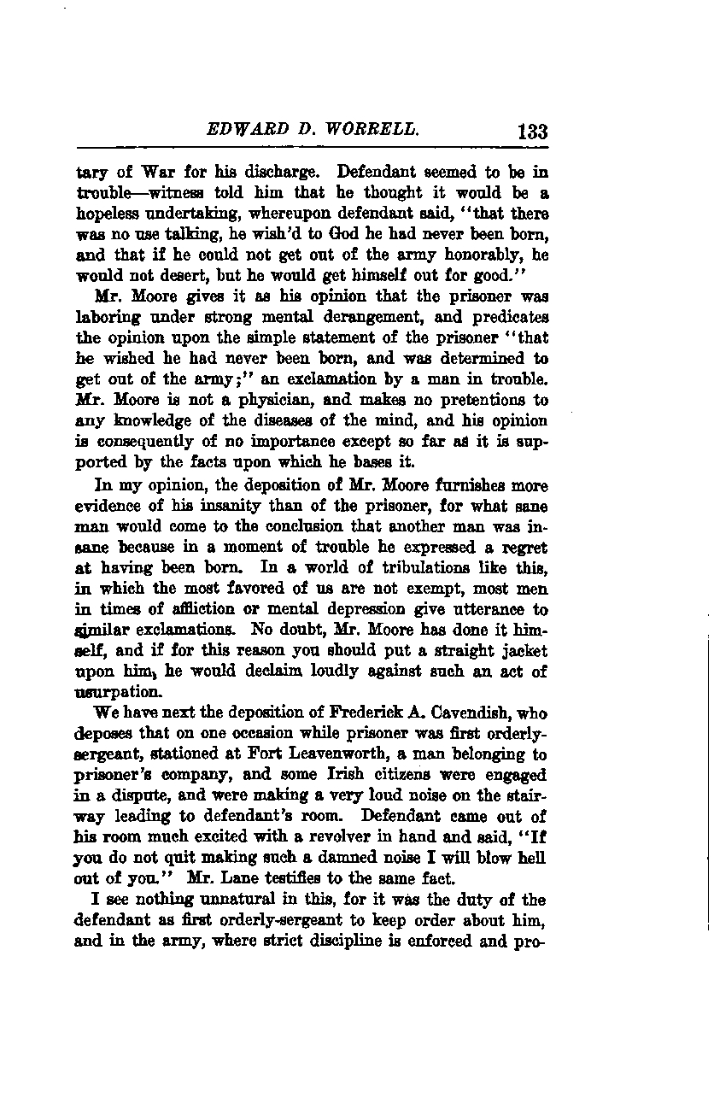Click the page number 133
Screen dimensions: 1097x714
(x=531, y=132)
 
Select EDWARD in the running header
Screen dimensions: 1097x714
(x=238, y=130)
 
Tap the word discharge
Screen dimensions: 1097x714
(x=274, y=172)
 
